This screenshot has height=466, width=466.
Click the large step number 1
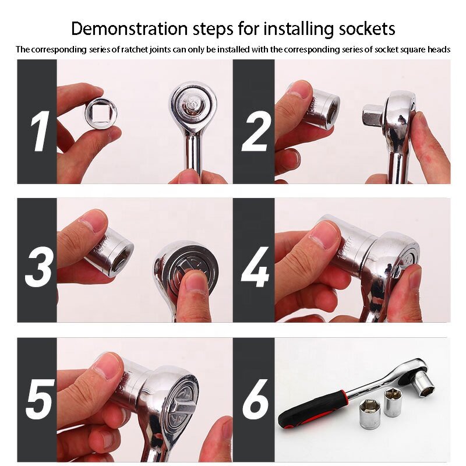(x=40, y=131)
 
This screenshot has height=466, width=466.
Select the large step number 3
(x=40, y=267)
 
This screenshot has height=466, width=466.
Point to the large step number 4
(x=255, y=267)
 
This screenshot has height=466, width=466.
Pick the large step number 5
(x=40, y=399)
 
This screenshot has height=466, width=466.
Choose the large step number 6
(x=256, y=399)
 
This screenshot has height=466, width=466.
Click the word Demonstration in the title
(x=129, y=29)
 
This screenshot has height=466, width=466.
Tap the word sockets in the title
(x=367, y=29)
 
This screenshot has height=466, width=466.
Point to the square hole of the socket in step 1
(x=101, y=114)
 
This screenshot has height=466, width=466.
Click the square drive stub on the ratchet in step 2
(x=374, y=116)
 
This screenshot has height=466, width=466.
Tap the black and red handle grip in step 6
(x=313, y=409)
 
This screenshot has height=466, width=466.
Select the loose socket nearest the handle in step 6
(x=370, y=414)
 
